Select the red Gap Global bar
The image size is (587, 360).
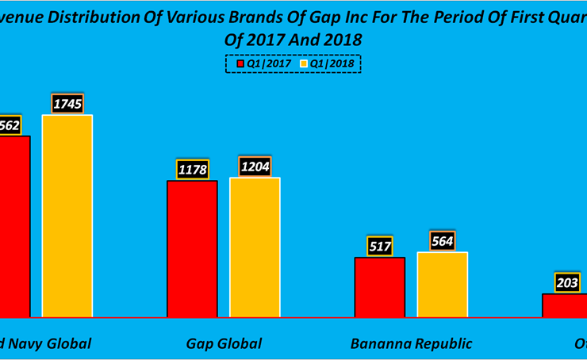192,248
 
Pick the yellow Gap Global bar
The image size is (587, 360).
255,247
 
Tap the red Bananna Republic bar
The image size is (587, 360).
379,286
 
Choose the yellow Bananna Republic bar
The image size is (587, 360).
442,284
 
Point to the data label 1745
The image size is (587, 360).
67,103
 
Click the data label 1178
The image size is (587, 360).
192,169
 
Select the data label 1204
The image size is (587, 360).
255,166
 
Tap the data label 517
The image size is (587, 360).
380,246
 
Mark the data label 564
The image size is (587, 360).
443,241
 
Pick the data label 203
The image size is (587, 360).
567,282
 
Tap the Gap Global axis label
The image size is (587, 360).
224,343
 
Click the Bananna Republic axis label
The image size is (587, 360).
411,343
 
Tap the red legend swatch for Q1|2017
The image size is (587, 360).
239,63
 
